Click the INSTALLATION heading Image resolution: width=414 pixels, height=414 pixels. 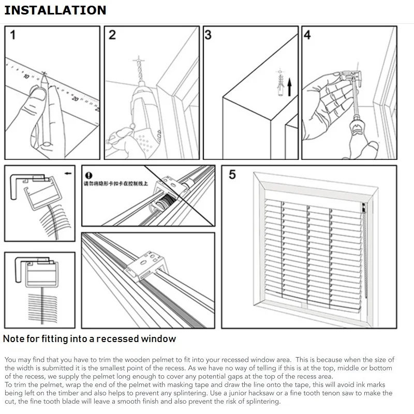(x=55, y=10)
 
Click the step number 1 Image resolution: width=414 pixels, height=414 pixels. (x=13, y=36)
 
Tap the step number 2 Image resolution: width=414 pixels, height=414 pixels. (x=112, y=35)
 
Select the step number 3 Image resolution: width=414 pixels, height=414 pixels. (x=208, y=35)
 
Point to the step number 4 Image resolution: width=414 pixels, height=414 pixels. (x=307, y=35)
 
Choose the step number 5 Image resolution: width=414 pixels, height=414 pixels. (x=232, y=175)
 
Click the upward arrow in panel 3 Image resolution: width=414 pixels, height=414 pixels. (x=290, y=85)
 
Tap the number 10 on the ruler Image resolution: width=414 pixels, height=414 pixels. (x=26, y=76)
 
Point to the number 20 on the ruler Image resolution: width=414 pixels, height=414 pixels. (x=75, y=98)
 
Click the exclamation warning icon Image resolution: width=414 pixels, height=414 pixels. (x=88, y=175)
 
